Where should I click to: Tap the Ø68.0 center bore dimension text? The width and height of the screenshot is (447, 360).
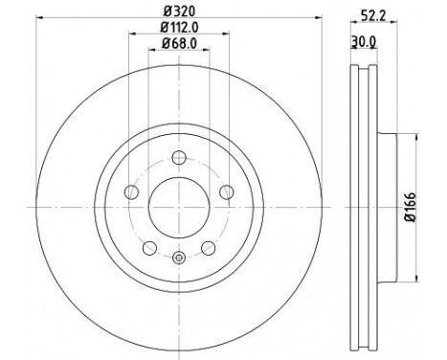point(177,43)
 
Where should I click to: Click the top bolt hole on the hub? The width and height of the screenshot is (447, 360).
point(178,160)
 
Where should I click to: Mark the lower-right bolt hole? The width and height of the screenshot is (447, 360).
point(205,248)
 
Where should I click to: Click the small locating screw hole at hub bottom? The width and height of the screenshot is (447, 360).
point(178,258)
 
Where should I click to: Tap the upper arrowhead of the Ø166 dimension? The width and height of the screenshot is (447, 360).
point(414,135)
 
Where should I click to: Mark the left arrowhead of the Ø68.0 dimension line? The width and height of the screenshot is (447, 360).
point(151,50)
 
